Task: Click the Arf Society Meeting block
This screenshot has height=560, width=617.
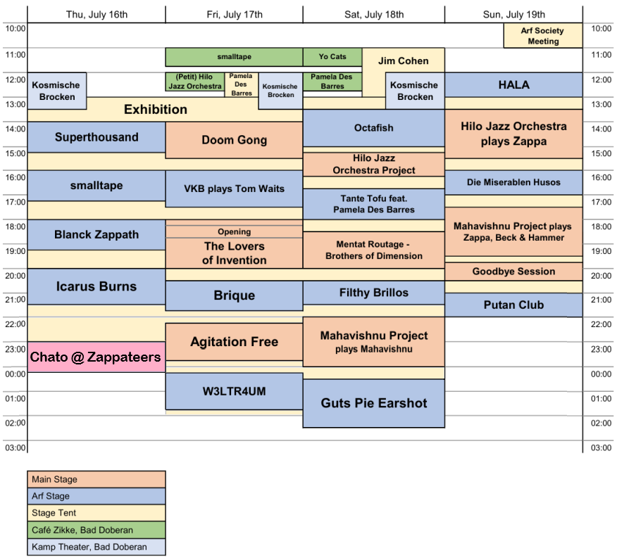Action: tap(543, 36)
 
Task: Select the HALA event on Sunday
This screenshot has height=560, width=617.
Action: tap(513, 85)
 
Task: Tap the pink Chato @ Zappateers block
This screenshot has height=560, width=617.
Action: tap(96, 357)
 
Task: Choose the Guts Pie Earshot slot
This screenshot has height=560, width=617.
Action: tap(374, 403)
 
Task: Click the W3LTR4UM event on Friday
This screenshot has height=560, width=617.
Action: tap(234, 391)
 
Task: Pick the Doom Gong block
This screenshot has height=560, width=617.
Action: tap(234, 140)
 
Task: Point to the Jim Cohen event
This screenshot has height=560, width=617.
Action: tap(404, 61)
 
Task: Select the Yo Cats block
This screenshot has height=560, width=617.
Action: tap(332, 57)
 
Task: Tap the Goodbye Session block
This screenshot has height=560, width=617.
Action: tap(513, 272)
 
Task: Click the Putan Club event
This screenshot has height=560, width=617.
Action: tap(513, 305)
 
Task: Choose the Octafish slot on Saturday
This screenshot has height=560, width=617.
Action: tap(374, 128)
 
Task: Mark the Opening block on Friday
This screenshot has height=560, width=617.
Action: tap(234, 231)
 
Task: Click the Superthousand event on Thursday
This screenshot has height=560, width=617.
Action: tap(96, 137)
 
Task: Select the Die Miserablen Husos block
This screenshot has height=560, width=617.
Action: tap(513, 182)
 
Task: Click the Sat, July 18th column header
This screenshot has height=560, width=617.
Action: tap(374, 15)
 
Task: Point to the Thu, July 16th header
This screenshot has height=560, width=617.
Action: tap(96, 15)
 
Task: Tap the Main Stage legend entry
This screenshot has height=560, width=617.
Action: tap(96, 479)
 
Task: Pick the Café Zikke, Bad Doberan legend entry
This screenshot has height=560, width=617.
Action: tap(96, 530)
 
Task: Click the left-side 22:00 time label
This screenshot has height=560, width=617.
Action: tap(15, 324)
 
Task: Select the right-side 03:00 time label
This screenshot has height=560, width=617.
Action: tap(602, 447)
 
